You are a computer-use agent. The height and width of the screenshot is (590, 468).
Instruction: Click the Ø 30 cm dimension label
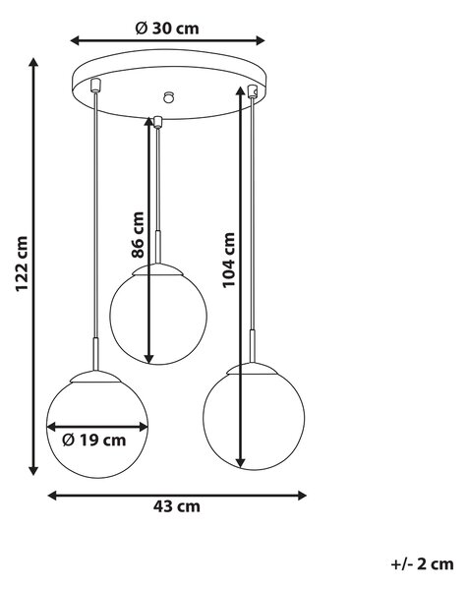click(167, 29)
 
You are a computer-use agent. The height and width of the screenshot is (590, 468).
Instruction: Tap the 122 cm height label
click(22, 264)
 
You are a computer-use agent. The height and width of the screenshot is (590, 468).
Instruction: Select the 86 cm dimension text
click(138, 235)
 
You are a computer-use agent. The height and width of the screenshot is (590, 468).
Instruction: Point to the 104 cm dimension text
click(228, 260)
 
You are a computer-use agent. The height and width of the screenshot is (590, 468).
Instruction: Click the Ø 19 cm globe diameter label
click(94, 440)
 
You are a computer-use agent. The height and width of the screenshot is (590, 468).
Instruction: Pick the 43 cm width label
click(176, 506)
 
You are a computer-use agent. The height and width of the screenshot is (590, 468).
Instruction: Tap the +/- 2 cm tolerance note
click(422, 564)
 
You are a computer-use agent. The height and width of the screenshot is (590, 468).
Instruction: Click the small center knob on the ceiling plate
click(169, 97)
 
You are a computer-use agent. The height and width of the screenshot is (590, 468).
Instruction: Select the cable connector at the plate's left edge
click(95, 85)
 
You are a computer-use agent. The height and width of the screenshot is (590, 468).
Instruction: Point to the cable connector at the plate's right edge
click(252, 91)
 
